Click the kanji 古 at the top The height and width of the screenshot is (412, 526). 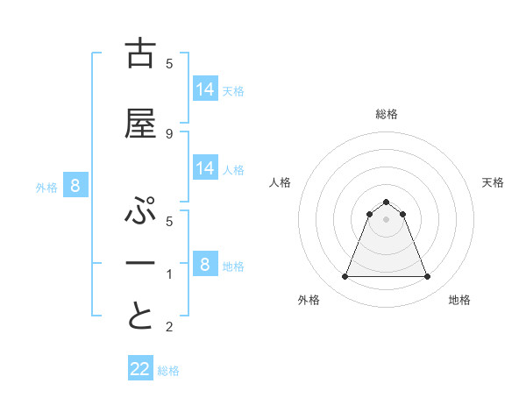coord(140,53)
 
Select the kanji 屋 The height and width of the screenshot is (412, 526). coord(140,124)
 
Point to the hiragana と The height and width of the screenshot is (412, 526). coord(140,316)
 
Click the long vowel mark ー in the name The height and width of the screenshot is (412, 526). coord(140,264)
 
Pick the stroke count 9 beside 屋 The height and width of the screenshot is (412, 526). coord(169,133)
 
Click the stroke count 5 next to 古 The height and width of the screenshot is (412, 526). coord(169,63)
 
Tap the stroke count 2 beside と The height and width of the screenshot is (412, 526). coord(169,327)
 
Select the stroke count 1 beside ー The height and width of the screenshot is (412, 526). coord(169,274)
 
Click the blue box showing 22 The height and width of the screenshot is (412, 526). coord(140,369)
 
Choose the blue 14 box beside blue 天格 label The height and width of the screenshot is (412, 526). coord(205,89)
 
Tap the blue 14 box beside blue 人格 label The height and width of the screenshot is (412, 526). coord(205,168)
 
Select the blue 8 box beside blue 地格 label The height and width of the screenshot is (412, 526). coord(205,264)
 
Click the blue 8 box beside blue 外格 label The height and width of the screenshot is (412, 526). coord(75,185)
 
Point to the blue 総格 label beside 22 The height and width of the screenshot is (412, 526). coord(168,371)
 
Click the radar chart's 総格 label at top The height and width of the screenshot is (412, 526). coord(386,114)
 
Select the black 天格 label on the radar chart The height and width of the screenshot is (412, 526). coord(494,182)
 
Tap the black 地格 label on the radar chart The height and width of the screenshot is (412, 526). coord(459,300)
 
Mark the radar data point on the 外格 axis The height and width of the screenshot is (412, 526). coord(345,277)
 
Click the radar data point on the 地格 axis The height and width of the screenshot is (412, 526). coord(428,277)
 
